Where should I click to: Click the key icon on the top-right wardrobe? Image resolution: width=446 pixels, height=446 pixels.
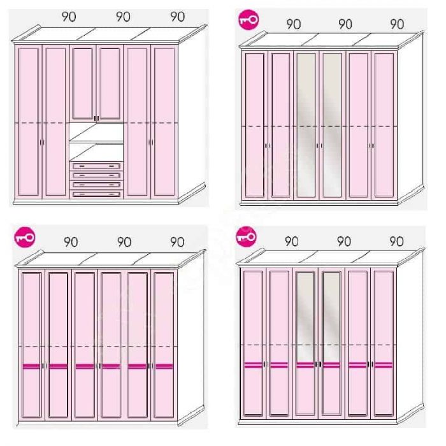coord(248,20)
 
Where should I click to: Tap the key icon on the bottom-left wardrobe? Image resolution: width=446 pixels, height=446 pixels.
coord(25,237)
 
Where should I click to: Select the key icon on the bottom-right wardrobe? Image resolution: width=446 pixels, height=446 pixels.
coord(247,236)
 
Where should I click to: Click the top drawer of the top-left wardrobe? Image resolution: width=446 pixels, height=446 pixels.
coord(96,166)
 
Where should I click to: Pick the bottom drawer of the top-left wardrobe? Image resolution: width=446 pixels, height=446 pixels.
coord(96,194)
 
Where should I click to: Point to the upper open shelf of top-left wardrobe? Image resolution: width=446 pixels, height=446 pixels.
coord(96,133)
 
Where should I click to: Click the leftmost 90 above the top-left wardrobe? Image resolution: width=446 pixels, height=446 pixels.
coord(69,17)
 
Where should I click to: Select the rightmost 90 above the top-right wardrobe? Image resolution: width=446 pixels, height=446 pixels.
coord(397,24)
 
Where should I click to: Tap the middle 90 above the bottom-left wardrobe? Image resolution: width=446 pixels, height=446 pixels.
coord(124,242)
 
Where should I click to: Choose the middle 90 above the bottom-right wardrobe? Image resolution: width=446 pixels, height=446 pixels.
coord(344,241)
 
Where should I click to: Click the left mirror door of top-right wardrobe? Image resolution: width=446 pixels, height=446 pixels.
coord(306,125)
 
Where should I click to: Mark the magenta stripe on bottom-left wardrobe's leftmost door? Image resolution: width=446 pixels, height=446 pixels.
coord(31,366)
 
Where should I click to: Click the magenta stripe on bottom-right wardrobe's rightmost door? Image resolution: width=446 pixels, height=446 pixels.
coord(384,364)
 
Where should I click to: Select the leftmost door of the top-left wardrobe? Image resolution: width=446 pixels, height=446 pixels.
coord(29,122)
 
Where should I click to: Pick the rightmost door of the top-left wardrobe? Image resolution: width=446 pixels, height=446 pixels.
coord(164,122)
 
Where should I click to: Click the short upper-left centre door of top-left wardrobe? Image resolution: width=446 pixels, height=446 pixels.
coord(83,83)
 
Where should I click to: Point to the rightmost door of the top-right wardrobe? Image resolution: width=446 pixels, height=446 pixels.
coord(384,125)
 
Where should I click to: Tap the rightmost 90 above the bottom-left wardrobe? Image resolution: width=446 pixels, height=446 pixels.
coord(178,242)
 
